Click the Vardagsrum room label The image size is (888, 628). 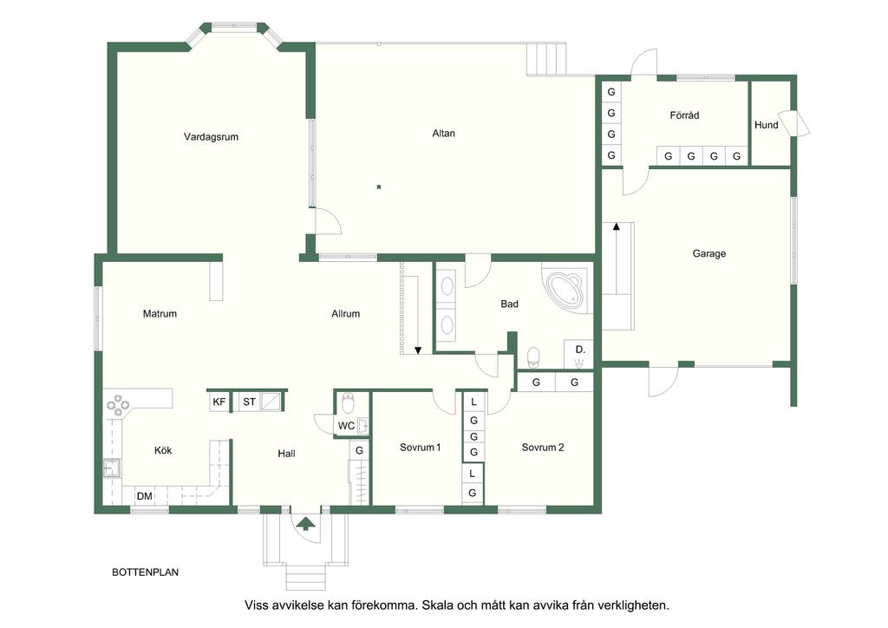coord(211,137)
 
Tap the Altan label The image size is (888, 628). coord(443,134)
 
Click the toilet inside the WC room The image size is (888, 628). coord(348,404)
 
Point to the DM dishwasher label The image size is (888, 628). coord(145,496)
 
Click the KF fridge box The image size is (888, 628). coord(219,402)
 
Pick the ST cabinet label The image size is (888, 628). coord(249,402)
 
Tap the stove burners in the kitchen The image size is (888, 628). coord(118,404)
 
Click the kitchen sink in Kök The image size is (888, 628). coord(112,468)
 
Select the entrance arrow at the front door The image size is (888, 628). coord(306,524)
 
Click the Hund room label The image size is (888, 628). coord(767,125)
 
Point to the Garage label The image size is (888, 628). coord(709,253)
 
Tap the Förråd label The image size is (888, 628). coord(684,115)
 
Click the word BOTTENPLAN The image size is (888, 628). coord(145,572)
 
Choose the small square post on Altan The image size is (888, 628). coord(379,186)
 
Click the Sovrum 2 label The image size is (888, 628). coord(543,448)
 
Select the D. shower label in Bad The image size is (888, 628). coord(580,350)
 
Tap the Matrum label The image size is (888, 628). coord(160,314)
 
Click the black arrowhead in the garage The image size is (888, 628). coord(617,226)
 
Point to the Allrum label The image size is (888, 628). coord(345,314)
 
